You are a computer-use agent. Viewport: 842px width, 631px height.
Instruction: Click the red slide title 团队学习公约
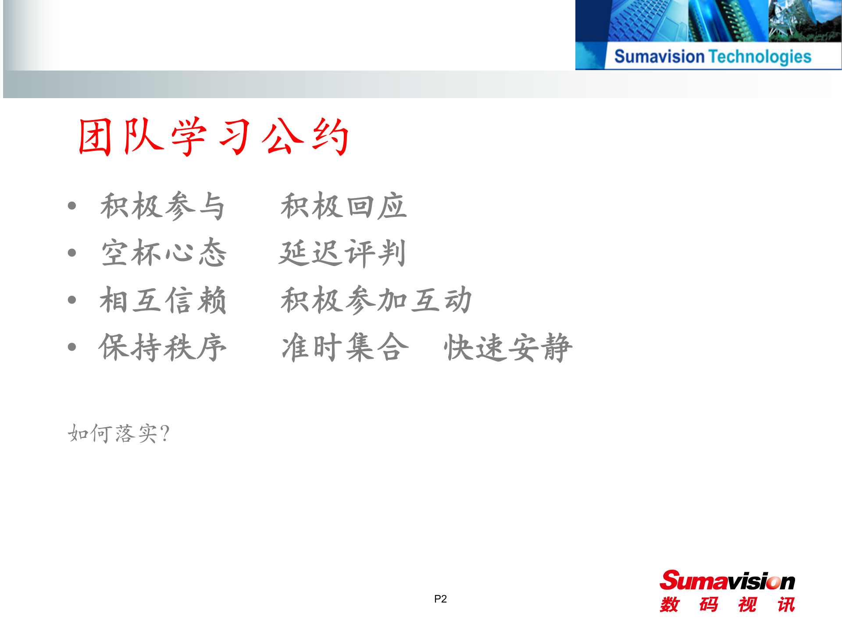(214, 137)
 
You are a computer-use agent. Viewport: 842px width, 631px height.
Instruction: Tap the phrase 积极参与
(163, 206)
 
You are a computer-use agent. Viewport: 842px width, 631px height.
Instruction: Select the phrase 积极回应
(343, 206)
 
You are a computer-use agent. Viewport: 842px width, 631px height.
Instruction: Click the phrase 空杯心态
(164, 253)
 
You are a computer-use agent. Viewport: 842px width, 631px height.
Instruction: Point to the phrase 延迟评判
(343, 253)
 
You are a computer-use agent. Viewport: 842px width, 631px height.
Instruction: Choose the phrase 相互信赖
(163, 300)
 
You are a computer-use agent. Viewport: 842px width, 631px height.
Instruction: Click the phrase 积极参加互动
(376, 300)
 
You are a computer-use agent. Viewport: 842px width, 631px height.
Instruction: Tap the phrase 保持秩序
(163, 347)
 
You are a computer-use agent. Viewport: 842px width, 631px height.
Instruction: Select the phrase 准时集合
(345, 347)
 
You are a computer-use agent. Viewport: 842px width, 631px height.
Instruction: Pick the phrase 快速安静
(508, 347)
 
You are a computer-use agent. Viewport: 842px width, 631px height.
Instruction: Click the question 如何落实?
(118, 433)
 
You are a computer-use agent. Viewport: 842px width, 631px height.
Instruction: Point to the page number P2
(440, 599)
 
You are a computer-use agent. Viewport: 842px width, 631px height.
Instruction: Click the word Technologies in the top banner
(760, 57)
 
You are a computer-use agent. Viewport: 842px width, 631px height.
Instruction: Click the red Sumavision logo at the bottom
(727, 581)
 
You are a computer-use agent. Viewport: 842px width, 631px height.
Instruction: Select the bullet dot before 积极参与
(72, 206)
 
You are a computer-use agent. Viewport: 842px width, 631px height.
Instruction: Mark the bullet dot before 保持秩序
(72, 347)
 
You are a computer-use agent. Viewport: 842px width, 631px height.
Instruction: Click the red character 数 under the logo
(670, 605)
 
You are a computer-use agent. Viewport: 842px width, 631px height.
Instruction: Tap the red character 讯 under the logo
(786, 605)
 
